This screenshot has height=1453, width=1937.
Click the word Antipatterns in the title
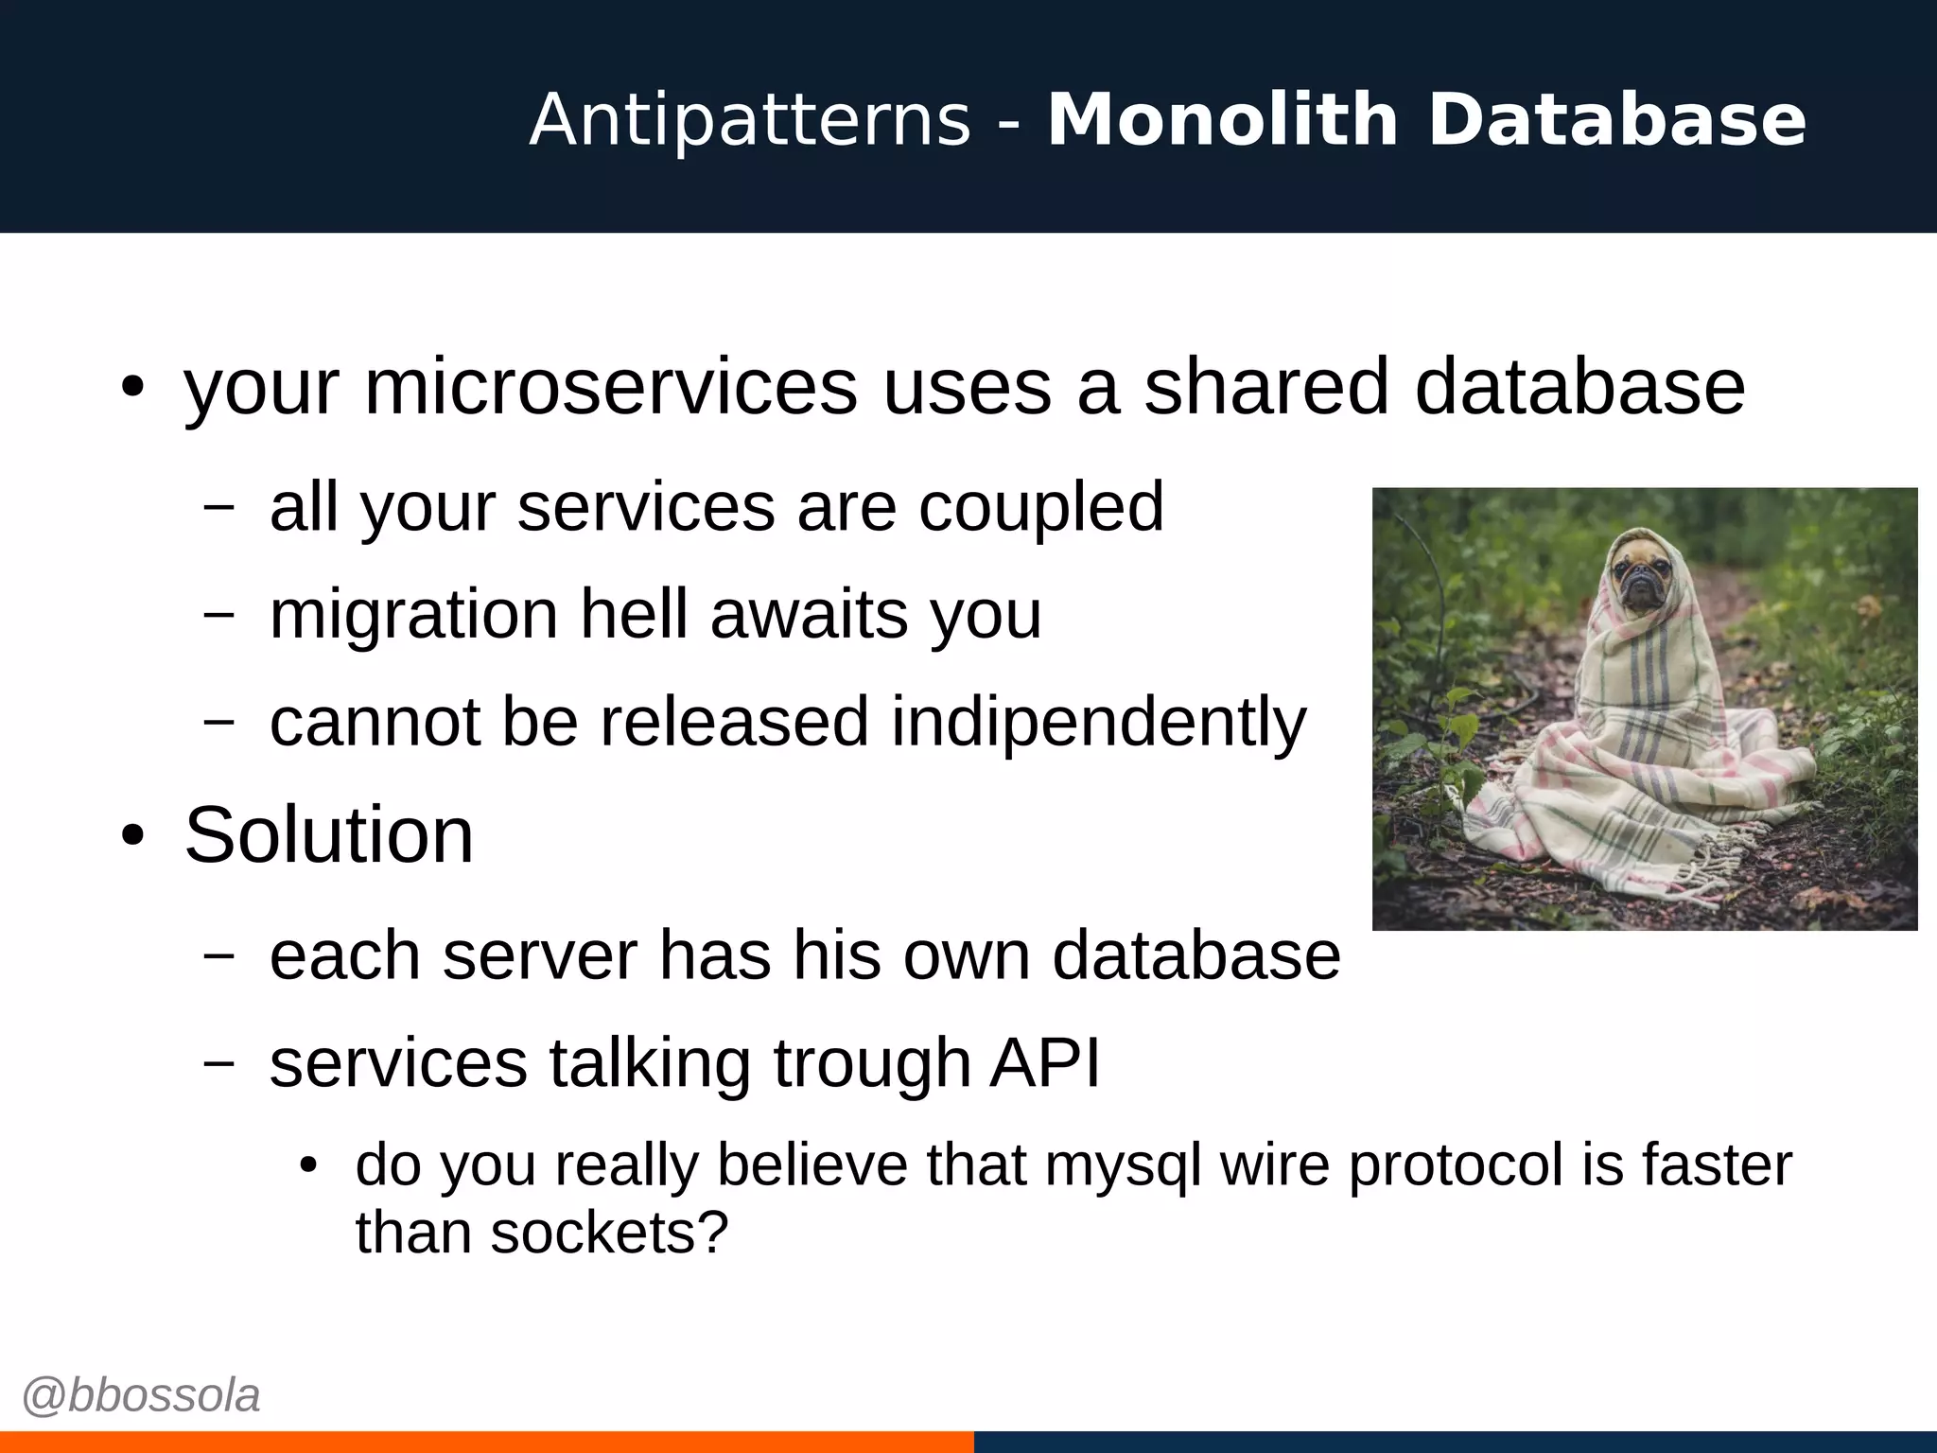[750, 120]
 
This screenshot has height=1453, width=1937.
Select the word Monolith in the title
[1222, 120]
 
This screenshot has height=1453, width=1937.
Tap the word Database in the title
[1616, 120]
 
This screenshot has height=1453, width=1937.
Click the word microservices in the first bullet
[611, 387]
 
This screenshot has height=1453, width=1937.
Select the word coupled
[1041, 507]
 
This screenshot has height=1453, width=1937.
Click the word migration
[413, 616]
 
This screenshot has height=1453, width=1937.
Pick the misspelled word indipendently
[1098, 723]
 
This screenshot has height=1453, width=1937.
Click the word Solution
[328, 835]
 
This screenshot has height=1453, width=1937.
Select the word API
[1045, 1062]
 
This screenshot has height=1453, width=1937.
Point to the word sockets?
[609, 1233]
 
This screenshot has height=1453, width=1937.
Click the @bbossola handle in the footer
[141, 1396]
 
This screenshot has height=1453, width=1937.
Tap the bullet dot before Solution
[132, 836]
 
